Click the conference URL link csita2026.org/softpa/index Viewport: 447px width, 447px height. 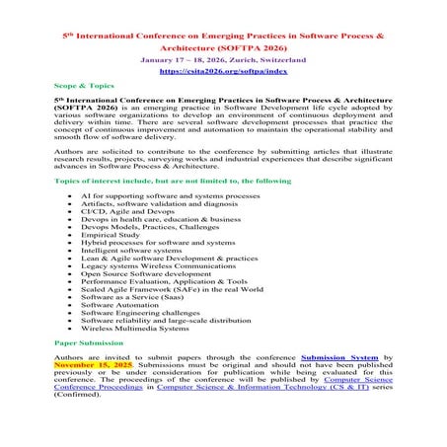click(x=222, y=71)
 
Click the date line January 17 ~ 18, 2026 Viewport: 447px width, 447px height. click(x=222, y=59)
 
